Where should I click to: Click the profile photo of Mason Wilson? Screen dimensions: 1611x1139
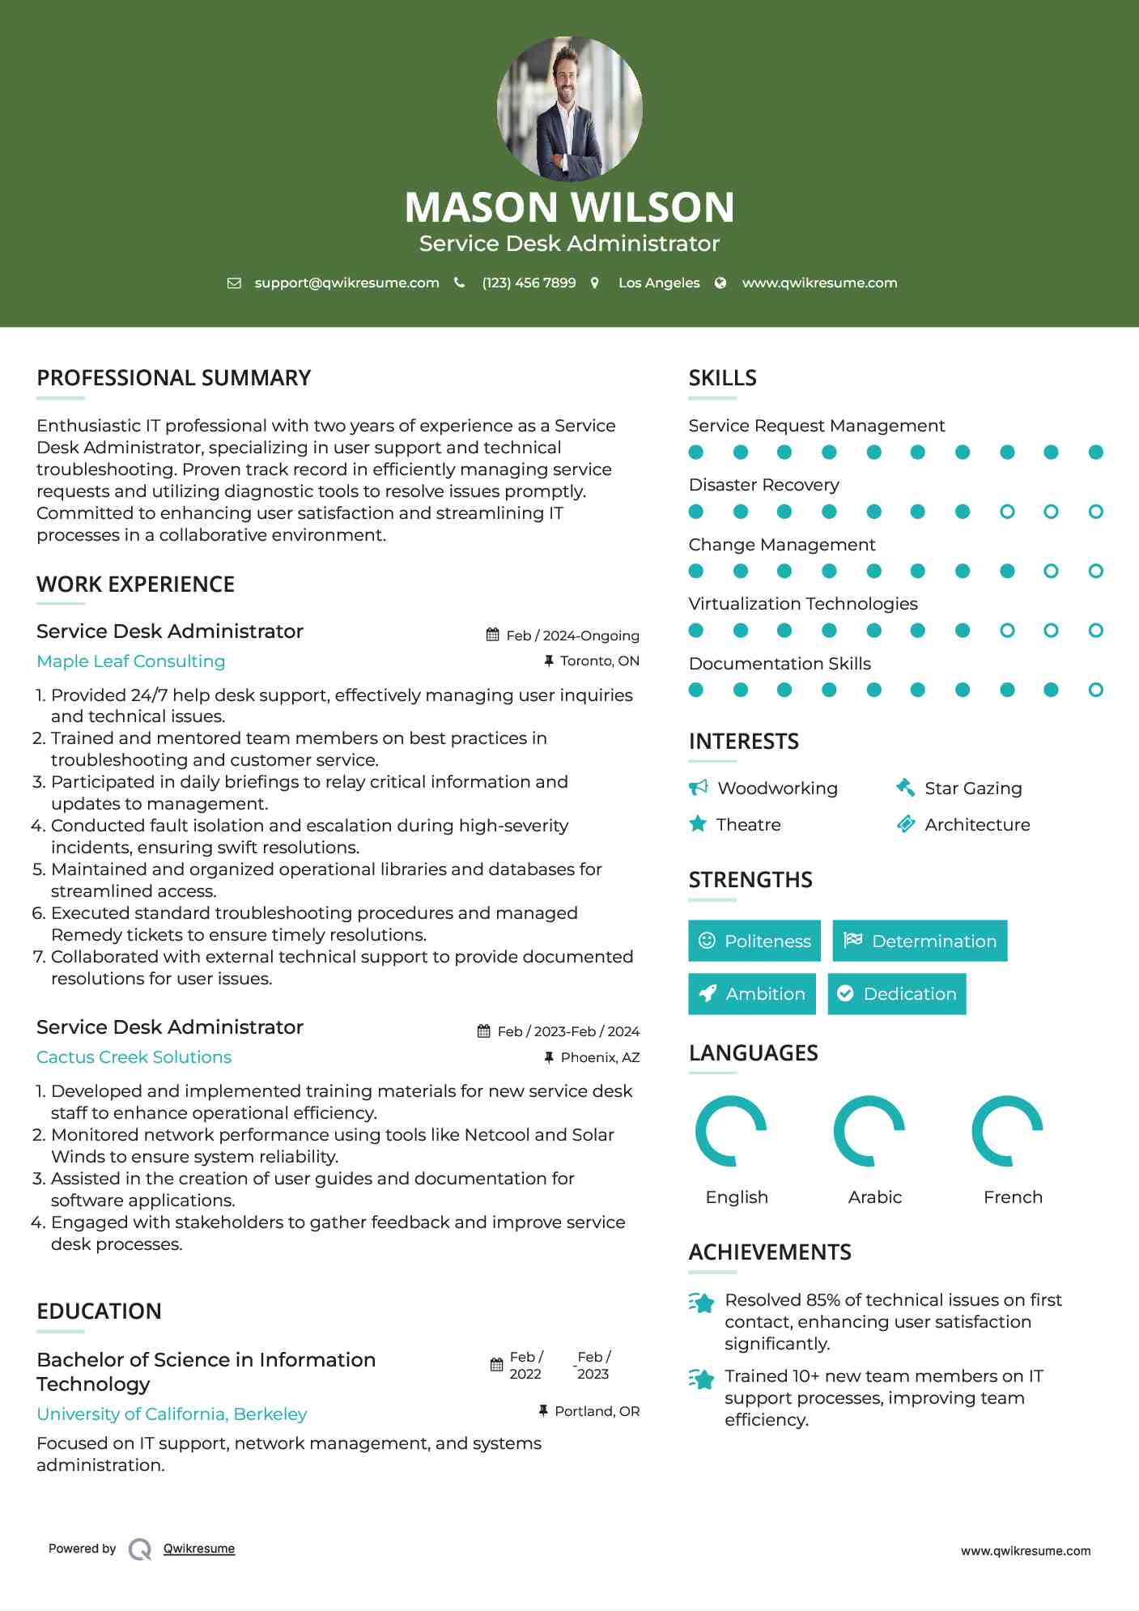(x=569, y=108)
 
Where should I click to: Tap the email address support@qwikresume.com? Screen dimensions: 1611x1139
(x=346, y=283)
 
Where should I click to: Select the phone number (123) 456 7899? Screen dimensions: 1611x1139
(x=529, y=283)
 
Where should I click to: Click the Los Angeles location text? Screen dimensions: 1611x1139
(x=659, y=283)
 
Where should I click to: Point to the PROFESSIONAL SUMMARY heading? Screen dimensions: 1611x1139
(x=174, y=378)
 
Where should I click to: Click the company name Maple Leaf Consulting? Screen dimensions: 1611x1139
(x=131, y=661)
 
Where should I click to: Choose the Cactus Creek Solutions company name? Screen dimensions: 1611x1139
(x=134, y=1057)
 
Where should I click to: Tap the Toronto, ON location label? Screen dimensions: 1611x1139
(x=599, y=661)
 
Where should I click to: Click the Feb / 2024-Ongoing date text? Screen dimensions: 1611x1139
(x=572, y=635)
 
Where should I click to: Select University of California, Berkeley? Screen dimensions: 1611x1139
(x=172, y=1414)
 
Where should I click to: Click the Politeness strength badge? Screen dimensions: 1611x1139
(x=754, y=941)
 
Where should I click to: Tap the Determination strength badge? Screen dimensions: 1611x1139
(x=920, y=941)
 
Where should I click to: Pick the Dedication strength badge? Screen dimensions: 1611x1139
(x=897, y=994)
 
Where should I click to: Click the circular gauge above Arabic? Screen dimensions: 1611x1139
(x=869, y=1131)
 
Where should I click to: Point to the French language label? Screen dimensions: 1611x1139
(x=1013, y=1197)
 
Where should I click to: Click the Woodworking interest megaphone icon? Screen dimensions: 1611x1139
(x=698, y=788)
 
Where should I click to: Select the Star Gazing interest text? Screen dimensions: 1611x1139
(x=973, y=788)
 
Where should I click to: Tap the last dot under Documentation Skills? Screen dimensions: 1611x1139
(x=1095, y=690)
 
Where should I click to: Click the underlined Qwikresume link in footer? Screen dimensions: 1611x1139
(x=199, y=1549)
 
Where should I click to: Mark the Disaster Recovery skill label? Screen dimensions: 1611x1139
(x=763, y=485)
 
